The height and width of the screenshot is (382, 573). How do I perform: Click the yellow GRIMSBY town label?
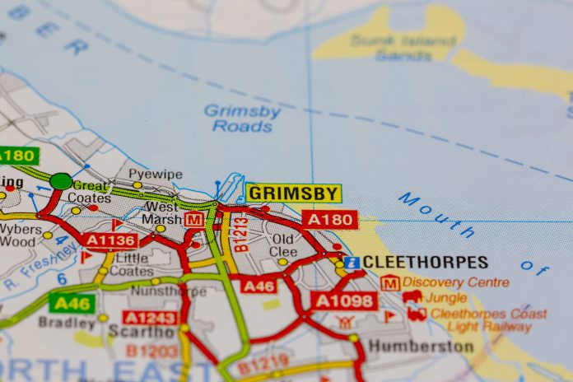point(293,193)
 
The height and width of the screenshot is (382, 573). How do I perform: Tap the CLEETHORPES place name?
point(425,263)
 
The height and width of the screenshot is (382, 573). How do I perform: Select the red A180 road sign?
point(330,219)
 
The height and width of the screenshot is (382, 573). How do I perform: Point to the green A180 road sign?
point(16,155)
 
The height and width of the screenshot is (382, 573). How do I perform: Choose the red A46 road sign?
point(259,286)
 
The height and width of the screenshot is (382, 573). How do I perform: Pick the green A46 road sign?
point(71,302)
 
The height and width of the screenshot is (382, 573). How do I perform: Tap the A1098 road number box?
point(343,300)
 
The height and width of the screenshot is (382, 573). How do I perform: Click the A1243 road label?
point(150,317)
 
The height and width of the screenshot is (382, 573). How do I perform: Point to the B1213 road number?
point(240,234)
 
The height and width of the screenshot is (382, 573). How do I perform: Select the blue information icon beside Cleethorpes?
point(352,263)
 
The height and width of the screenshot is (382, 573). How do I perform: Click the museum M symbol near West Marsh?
point(194,220)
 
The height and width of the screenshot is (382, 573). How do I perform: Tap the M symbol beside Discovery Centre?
point(390,282)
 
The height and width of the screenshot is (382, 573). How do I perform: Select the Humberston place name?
point(421,346)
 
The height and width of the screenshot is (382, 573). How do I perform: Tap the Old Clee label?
point(284,245)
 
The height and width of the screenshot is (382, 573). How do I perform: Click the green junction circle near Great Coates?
point(61,181)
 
